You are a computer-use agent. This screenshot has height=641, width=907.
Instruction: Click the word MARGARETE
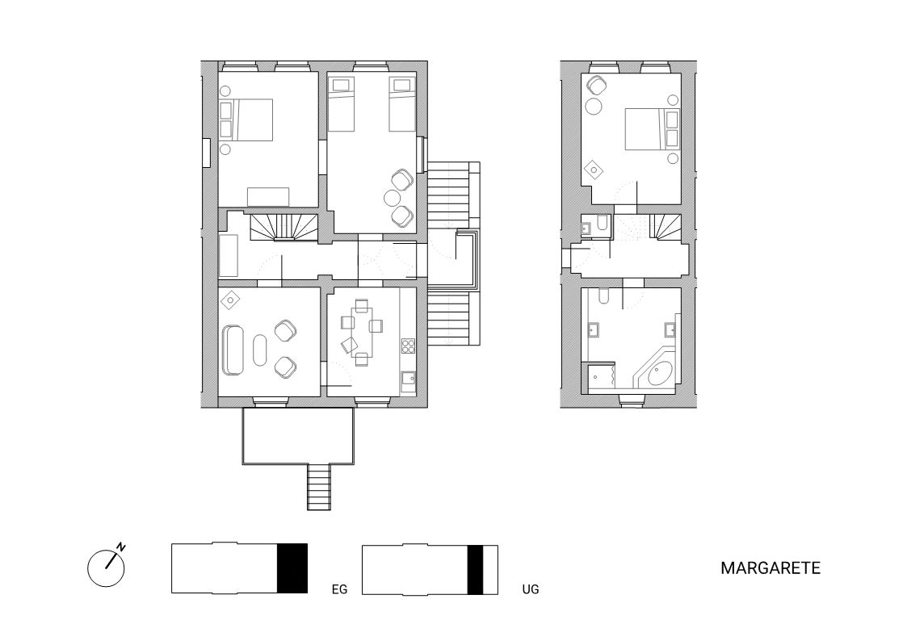pos(771,568)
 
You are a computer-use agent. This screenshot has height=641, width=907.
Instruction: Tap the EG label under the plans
pos(339,589)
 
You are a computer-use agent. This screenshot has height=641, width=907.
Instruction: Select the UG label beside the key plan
pos(531,589)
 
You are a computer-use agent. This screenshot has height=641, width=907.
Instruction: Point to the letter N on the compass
pos(121,547)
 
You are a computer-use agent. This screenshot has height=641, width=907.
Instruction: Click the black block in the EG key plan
pos(292,568)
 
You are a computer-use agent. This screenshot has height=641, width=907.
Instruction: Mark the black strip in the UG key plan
pos(475,570)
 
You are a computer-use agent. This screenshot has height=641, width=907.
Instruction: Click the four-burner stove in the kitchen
pos(409,346)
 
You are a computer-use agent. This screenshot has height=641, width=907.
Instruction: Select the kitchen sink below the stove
pos(409,379)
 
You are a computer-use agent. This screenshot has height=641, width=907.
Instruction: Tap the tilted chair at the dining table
pos(350,345)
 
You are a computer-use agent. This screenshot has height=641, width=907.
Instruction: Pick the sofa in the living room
pos(233,350)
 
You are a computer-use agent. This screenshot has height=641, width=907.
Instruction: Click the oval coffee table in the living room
pos(260,350)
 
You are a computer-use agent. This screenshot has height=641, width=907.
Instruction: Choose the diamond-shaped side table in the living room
pos(231,299)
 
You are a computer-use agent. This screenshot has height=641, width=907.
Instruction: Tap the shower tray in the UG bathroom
pos(601,376)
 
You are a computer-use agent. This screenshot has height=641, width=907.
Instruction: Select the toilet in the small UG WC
pos(603,223)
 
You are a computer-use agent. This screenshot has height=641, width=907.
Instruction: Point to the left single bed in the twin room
pos(342,104)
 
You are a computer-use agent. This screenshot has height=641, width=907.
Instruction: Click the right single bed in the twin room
pos(402,104)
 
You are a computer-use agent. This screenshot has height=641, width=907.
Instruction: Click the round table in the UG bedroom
pos(594,107)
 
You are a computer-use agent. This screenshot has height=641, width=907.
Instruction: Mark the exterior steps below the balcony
pos(319,487)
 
